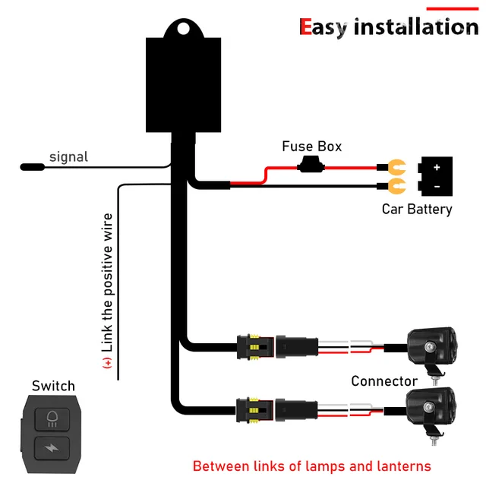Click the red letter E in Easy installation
306,27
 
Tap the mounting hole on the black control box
182,29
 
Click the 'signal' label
68,157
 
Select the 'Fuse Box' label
311,146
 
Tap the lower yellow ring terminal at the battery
394,185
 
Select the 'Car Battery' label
417,209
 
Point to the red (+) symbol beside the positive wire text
108,363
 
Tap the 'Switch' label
53,386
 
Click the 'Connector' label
384,380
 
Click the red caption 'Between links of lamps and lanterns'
311,465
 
